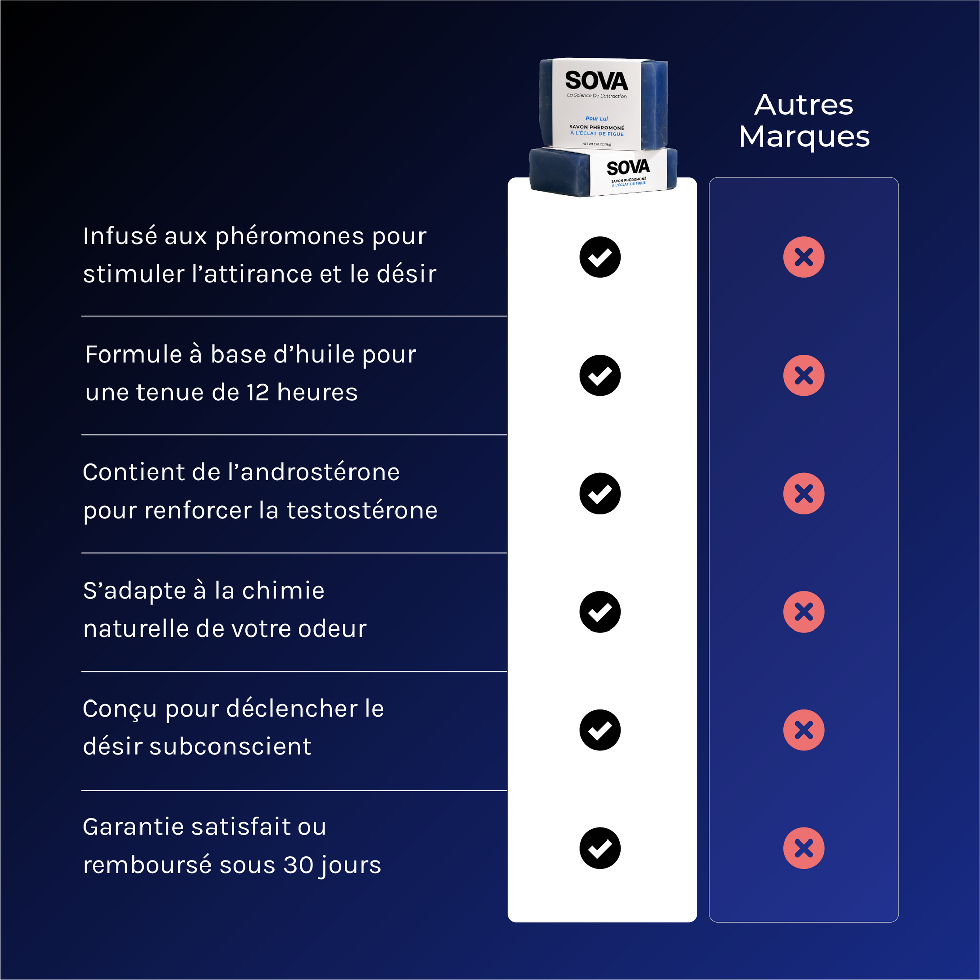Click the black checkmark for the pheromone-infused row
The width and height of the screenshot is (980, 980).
[600, 257]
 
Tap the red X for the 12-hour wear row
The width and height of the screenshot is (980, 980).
[804, 375]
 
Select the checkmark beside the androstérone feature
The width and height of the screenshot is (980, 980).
[600, 494]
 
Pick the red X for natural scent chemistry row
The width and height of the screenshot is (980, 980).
[804, 612]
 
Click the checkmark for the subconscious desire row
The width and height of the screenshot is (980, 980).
[600, 730]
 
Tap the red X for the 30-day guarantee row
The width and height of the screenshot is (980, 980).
[804, 848]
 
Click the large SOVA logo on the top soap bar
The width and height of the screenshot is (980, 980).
[597, 81]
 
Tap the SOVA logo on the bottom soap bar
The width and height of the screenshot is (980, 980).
[628, 167]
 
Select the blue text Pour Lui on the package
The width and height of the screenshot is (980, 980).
[597, 119]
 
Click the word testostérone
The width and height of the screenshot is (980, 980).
[362, 510]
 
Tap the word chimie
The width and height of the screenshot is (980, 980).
[283, 590]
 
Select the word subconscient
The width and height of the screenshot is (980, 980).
[230, 747]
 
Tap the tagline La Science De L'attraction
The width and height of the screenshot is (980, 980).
[597, 95]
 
